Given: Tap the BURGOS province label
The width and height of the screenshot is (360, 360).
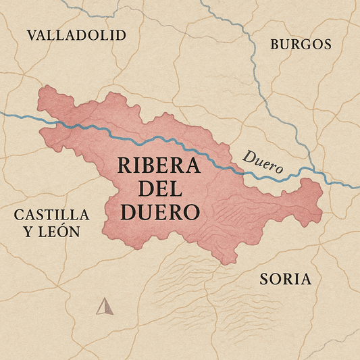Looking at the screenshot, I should click(301, 45).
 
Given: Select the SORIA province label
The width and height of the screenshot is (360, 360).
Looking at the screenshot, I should click(285, 279).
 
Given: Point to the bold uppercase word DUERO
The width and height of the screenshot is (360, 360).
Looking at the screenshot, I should click(160, 213).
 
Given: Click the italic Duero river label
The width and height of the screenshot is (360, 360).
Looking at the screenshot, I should click(263, 162).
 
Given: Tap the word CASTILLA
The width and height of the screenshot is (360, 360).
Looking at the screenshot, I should click(51, 215).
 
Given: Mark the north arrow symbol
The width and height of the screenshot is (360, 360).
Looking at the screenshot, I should click(103, 307).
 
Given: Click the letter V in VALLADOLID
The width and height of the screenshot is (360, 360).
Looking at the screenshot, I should click(31, 35).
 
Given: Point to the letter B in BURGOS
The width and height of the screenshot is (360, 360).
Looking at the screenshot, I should click(275, 45).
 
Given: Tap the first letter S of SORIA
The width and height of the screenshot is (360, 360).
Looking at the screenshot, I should click(264, 279).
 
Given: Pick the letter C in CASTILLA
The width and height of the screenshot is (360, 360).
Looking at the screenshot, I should click(19, 215).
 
